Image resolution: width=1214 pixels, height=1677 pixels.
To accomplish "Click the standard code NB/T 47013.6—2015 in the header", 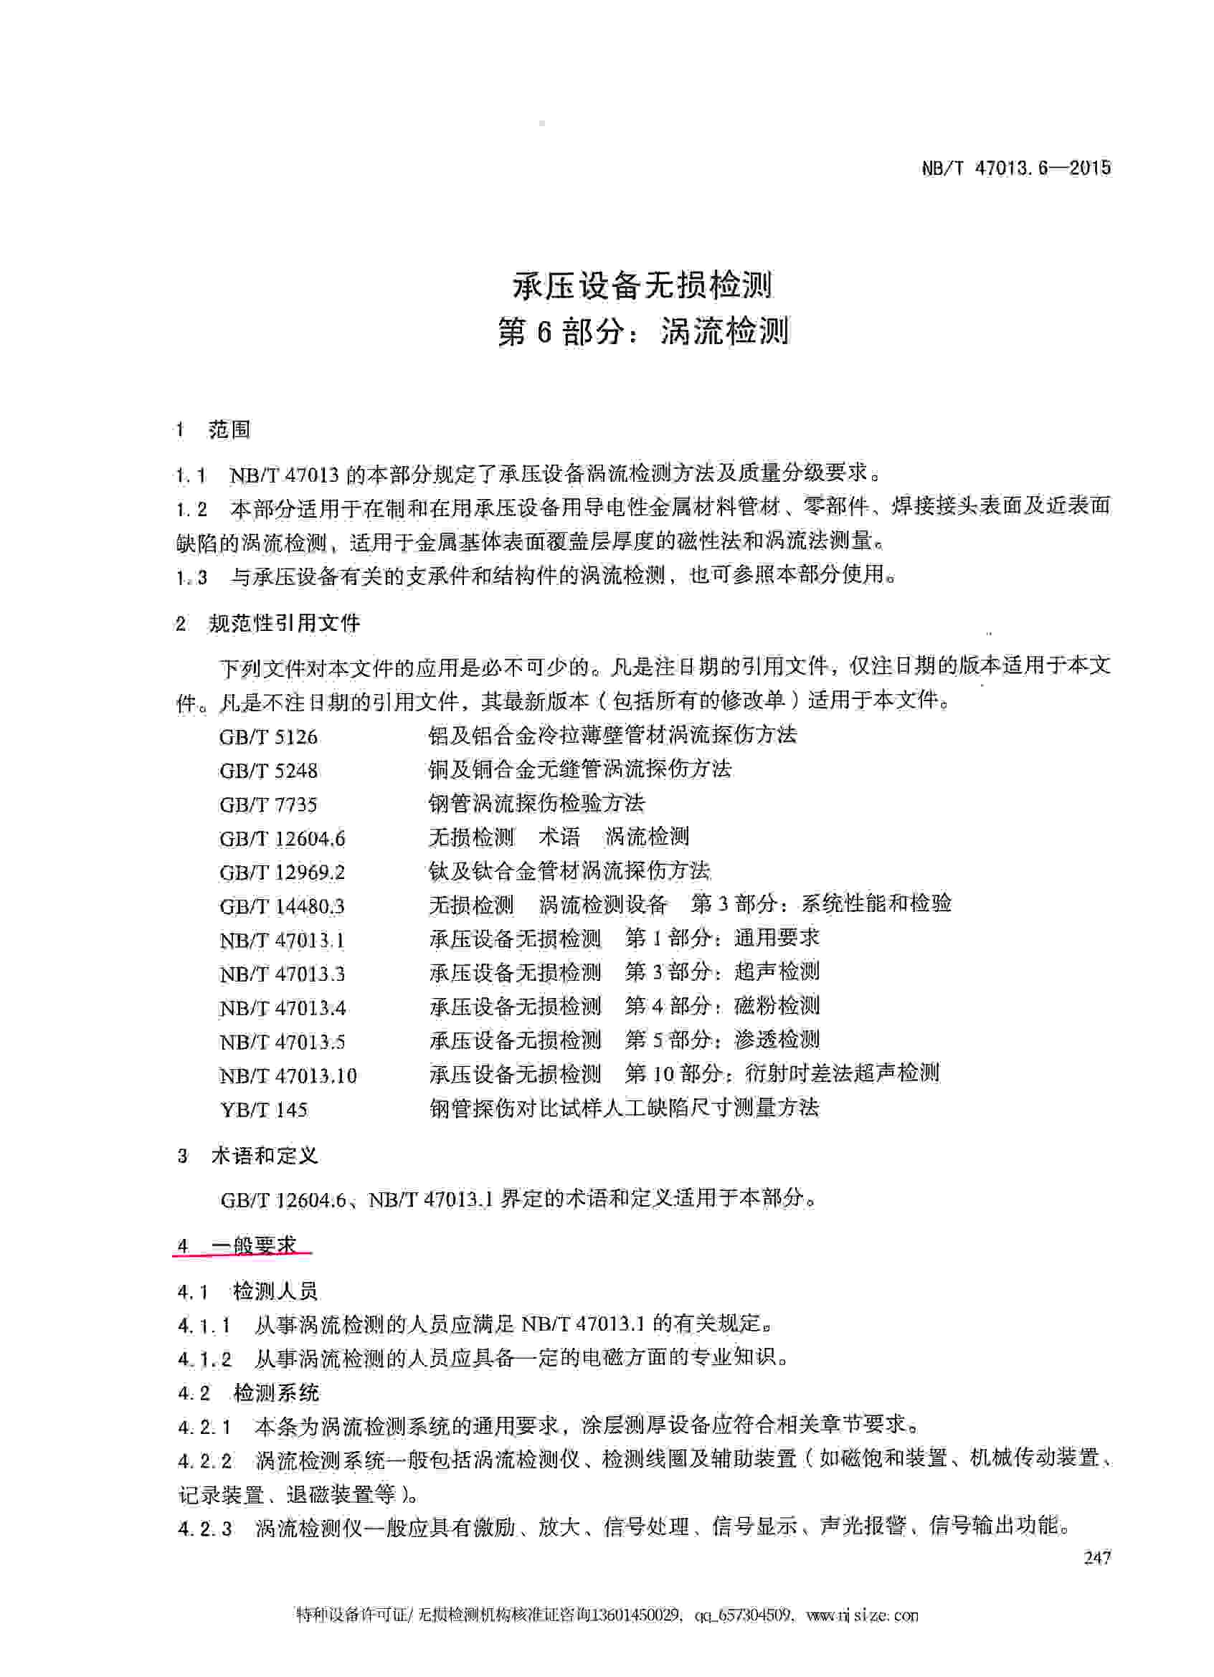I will (x=1016, y=168).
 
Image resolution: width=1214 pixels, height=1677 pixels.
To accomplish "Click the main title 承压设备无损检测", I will (x=642, y=285).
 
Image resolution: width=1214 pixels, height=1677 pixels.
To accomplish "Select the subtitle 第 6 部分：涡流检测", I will (x=642, y=331).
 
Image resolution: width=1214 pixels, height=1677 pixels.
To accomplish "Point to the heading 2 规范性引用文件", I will (x=267, y=623).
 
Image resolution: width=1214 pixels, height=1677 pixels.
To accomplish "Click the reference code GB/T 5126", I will (x=268, y=737).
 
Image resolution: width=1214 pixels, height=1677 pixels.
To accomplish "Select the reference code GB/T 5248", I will (x=268, y=771).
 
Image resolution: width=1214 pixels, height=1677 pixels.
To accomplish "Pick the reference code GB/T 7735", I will (x=268, y=805).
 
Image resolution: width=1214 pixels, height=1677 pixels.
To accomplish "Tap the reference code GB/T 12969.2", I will (x=283, y=873).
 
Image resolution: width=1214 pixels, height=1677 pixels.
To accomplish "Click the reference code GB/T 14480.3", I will (x=283, y=906).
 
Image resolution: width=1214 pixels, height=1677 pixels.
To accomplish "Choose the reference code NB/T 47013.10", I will (x=288, y=1076).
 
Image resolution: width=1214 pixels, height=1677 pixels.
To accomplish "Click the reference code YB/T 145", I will (x=263, y=1110).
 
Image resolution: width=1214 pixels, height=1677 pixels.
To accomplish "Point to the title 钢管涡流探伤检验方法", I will (x=537, y=803).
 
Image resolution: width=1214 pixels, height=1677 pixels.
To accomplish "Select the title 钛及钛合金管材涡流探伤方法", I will (x=569, y=871).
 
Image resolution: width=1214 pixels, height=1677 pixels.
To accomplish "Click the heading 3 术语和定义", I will (x=247, y=1156).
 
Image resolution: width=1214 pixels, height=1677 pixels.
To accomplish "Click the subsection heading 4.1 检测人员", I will (x=247, y=1292).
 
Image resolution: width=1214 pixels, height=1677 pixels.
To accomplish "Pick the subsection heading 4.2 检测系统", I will (x=248, y=1394).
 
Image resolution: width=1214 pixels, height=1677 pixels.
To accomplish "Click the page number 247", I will (x=1097, y=1557).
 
